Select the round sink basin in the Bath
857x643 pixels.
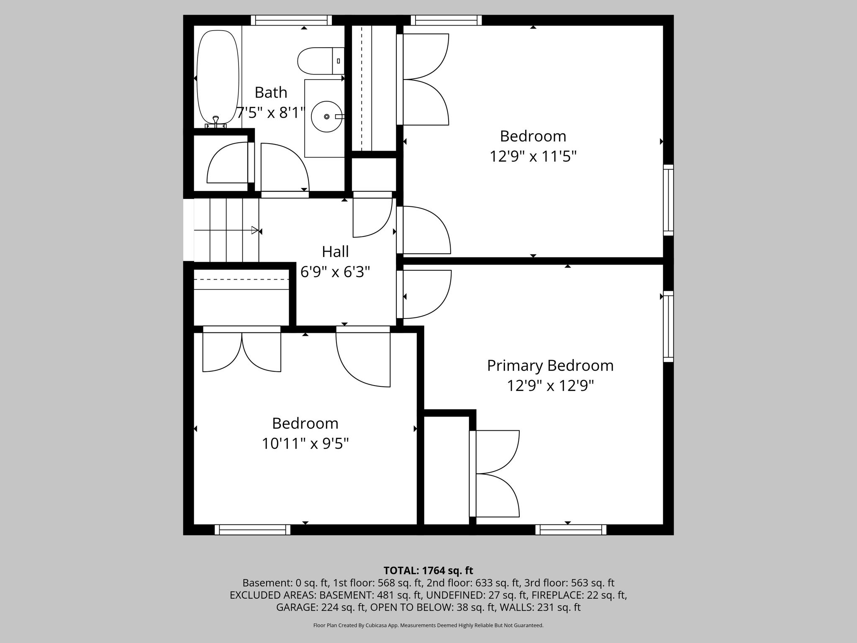pyautogui.click(x=327, y=116)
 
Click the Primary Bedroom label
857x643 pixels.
pyautogui.click(x=550, y=366)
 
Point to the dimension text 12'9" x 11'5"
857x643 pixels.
pyautogui.click(x=533, y=157)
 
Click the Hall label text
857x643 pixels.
pyautogui.click(x=335, y=252)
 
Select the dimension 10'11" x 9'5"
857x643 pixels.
pyautogui.click(x=305, y=443)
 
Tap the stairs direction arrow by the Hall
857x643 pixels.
pyautogui.click(x=254, y=230)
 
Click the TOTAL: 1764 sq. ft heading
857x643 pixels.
pyautogui.click(x=428, y=571)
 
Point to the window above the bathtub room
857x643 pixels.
pyautogui.click(x=291, y=20)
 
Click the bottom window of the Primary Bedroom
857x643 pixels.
pyautogui.click(x=571, y=530)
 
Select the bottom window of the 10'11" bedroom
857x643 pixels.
pyautogui.click(x=252, y=530)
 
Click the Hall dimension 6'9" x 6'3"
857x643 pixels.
pyautogui.click(x=335, y=272)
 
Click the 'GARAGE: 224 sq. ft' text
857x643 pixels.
pyautogui.click(x=321, y=607)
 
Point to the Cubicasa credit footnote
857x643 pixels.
pyautogui.click(x=428, y=625)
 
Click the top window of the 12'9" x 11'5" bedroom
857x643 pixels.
pyautogui.click(x=446, y=20)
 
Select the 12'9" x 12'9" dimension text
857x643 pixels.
pyautogui.click(x=550, y=386)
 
